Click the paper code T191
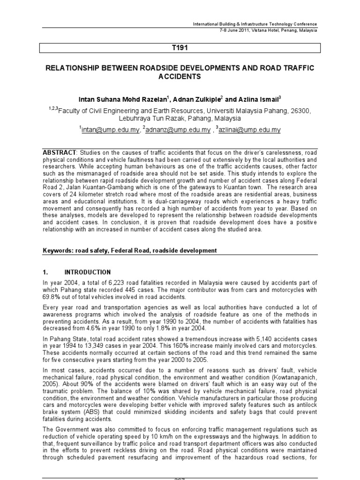tap(180, 48)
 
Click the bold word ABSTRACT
tap(59, 153)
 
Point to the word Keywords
tap(57, 251)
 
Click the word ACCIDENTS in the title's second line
tap(180, 77)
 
